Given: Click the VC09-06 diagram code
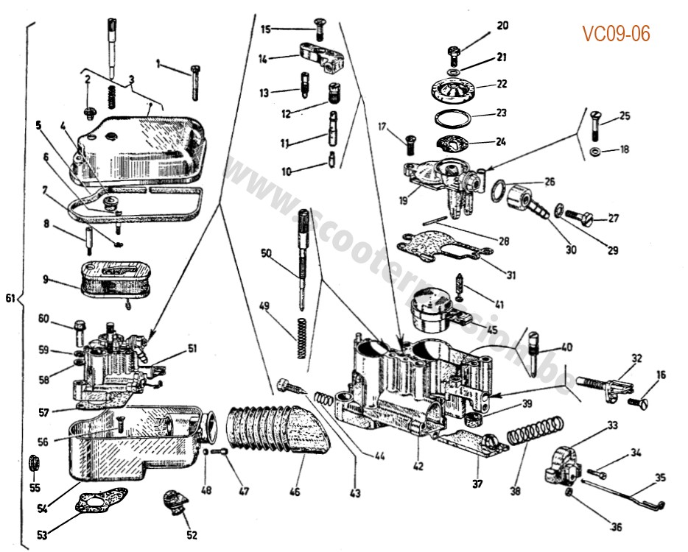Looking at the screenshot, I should point(616,35).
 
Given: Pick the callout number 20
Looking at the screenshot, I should point(502,26).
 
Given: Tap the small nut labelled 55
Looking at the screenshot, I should point(33,465).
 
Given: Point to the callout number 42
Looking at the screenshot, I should point(418,466).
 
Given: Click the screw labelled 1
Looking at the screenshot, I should point(194,81).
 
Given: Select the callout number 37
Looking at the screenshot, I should point(477,484).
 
